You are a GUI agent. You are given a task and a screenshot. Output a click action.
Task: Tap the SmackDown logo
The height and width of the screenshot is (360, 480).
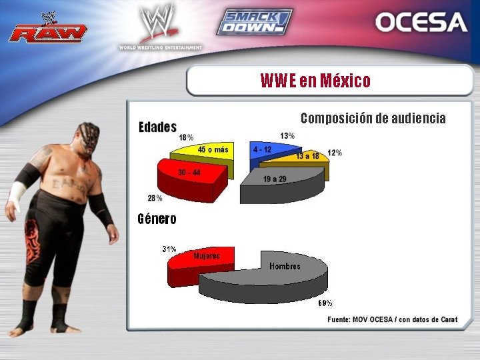[254, 22]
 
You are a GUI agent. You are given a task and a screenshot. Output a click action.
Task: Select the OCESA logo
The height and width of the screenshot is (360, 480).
[421, 22]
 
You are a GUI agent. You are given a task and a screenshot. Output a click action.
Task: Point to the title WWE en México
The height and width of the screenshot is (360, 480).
[315, 81]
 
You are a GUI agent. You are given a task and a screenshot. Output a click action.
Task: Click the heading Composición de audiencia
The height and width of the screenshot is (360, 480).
[373, 119]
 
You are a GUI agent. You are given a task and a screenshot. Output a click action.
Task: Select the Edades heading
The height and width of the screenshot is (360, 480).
[157, 127]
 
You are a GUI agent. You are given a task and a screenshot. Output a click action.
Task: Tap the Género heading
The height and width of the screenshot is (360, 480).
[157, 219]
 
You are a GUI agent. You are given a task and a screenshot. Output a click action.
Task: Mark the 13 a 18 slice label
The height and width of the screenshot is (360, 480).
[308, 156]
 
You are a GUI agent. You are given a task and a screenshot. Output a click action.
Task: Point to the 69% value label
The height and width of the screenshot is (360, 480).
[325, 303]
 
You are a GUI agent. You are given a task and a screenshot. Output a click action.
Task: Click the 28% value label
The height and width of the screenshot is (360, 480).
[155, 198]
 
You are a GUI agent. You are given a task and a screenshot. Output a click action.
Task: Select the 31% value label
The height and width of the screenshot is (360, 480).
[169, 249]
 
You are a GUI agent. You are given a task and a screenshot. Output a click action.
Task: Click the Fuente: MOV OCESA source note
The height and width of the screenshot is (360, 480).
[392, 320]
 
